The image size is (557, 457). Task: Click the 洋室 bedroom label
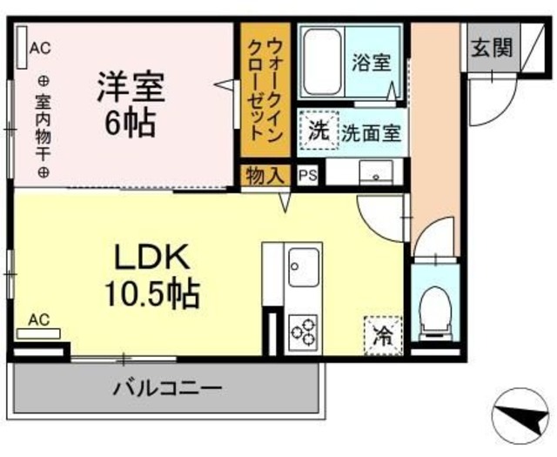[131, 87]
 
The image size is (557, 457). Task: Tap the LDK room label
[151, 259]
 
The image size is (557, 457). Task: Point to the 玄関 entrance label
[492, 49]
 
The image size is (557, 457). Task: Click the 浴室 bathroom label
[371, 63]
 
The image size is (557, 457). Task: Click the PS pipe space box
[307, 174]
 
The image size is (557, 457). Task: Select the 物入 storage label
[264, 174]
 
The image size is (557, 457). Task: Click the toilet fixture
[433, 313]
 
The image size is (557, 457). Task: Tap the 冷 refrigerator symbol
[381, 333]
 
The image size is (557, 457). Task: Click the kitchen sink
[305, 265]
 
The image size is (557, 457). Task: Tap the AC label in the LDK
[38, 320]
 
